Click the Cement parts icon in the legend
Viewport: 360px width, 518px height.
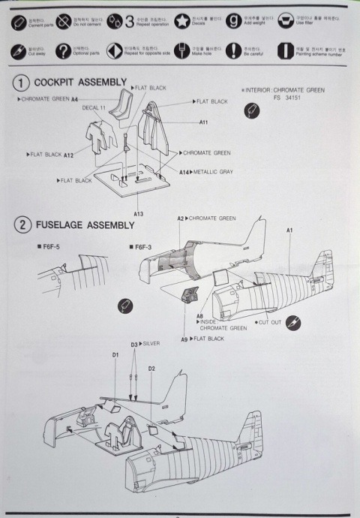point(18,23)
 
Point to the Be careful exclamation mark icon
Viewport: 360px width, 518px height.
point(231,51)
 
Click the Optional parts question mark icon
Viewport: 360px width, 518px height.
point(64,51)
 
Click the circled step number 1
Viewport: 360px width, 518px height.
point(22,83)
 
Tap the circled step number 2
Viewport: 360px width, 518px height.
point(22,224)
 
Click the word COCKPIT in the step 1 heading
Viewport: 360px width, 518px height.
point(58,83)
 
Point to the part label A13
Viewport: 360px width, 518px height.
point(139,213)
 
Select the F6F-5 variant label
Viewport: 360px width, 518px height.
point(53,246)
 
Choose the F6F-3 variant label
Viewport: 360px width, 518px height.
point(143,246)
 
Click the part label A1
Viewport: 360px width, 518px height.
point(289,231)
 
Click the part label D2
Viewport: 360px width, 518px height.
point(151,369)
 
